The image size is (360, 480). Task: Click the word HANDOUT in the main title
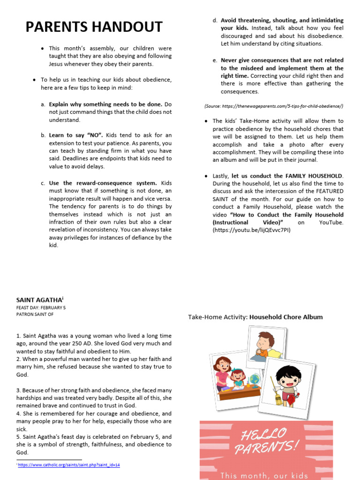pyautogui.click(x=125, y=27)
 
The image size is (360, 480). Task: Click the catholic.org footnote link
pyautogui.click(x=69, y=465)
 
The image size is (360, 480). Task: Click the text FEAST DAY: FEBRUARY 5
pyautogui.click(x=41, y=307)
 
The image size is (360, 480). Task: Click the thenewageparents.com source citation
pyautogui.click(x=274, y=106)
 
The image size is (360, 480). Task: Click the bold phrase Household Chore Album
pyautogui.click(x=286, y=317)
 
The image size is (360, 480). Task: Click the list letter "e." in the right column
pyautogui.click(x=215, y=60)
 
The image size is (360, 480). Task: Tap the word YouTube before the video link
pyautogui.click(x=331, y=222)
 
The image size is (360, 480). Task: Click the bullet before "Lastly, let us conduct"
pyautogui.click(x=207, y=176)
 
